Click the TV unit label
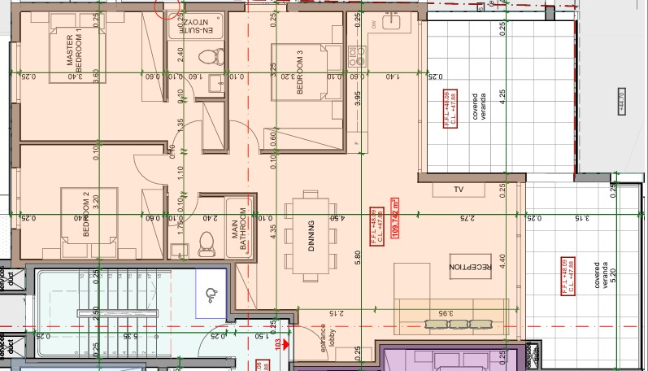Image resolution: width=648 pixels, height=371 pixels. tap(459, 190)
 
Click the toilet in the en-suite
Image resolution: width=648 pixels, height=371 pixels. tap(209, 56)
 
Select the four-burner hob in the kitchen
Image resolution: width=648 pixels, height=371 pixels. tap(356, 55)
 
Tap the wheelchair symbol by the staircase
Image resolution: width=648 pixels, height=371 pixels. tap(214, 294)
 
